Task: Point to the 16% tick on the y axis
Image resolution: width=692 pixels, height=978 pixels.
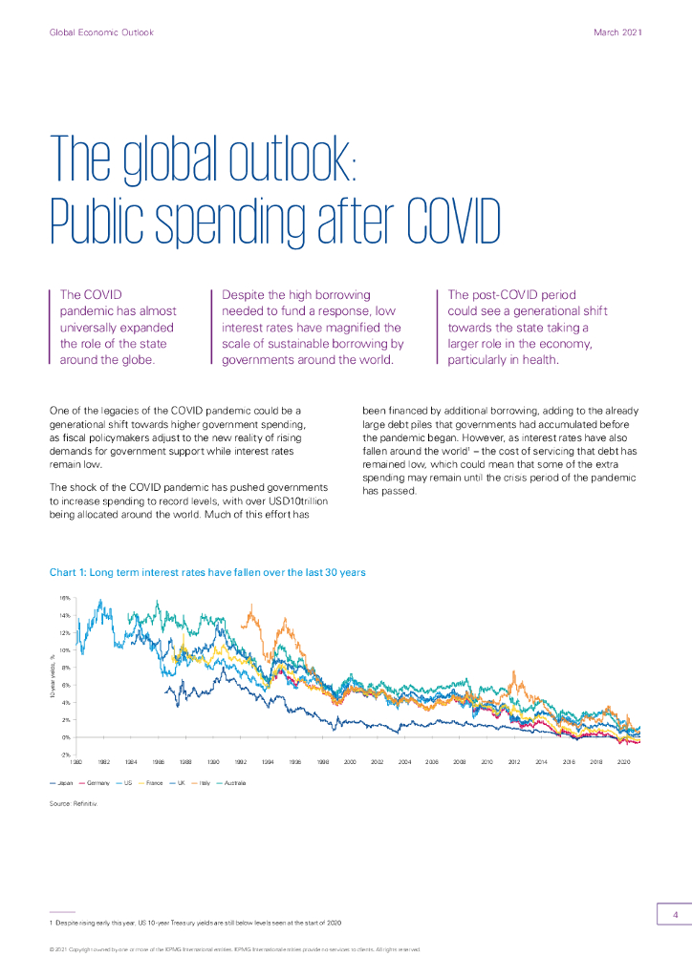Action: (65, 598)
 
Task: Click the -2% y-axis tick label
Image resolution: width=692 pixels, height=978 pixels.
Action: (65, 755)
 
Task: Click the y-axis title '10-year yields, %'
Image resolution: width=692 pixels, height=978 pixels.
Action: (54, 675)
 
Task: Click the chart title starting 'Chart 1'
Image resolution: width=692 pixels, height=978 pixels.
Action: (207, 573)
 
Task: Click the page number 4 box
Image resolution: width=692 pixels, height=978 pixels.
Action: (675, 915)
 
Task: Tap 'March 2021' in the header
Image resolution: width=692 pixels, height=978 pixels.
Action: (617, 32)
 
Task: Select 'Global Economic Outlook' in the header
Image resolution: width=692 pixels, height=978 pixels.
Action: (101, 32)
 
